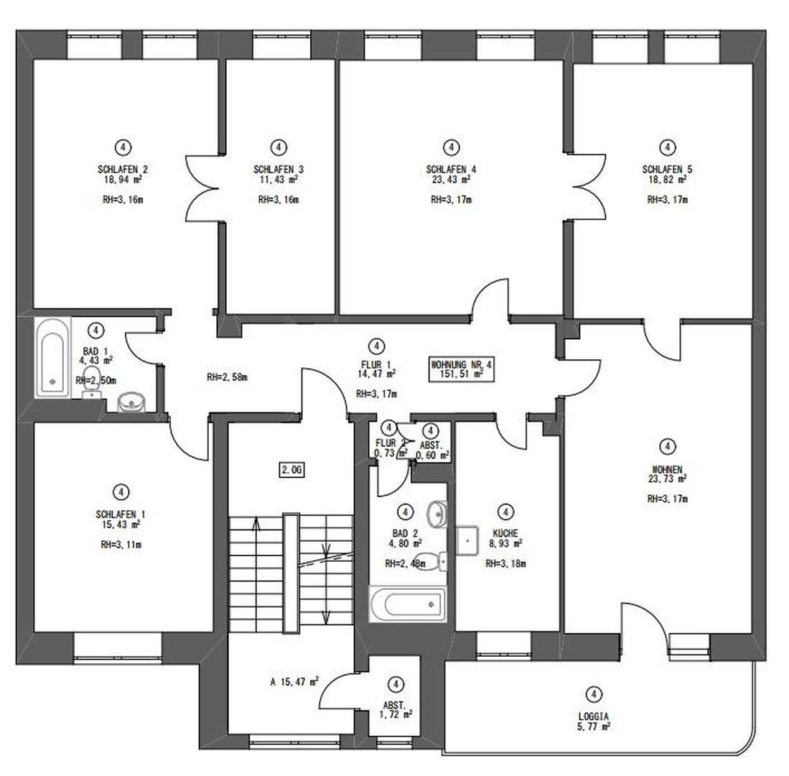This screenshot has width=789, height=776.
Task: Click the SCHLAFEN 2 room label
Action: pos(123,170)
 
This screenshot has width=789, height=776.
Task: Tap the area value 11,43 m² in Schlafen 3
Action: pos(278,180)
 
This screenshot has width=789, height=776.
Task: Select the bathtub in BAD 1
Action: pos(54,357)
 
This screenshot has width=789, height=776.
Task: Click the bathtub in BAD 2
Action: pos(407,604)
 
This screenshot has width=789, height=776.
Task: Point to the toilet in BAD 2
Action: pos(432,559)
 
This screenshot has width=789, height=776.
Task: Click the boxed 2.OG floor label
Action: pos(292,471)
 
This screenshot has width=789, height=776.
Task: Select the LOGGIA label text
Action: pos(593,716)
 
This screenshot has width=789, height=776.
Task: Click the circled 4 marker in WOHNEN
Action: pos(668,446)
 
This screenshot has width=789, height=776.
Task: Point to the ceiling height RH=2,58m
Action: pos(227,377)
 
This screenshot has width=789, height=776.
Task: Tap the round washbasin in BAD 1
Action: pos(131,402)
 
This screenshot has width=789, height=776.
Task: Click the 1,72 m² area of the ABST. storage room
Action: pos(397,714)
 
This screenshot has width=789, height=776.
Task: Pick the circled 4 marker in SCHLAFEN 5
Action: pos(668,147)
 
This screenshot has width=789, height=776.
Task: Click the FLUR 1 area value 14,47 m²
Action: pos(377,374)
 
